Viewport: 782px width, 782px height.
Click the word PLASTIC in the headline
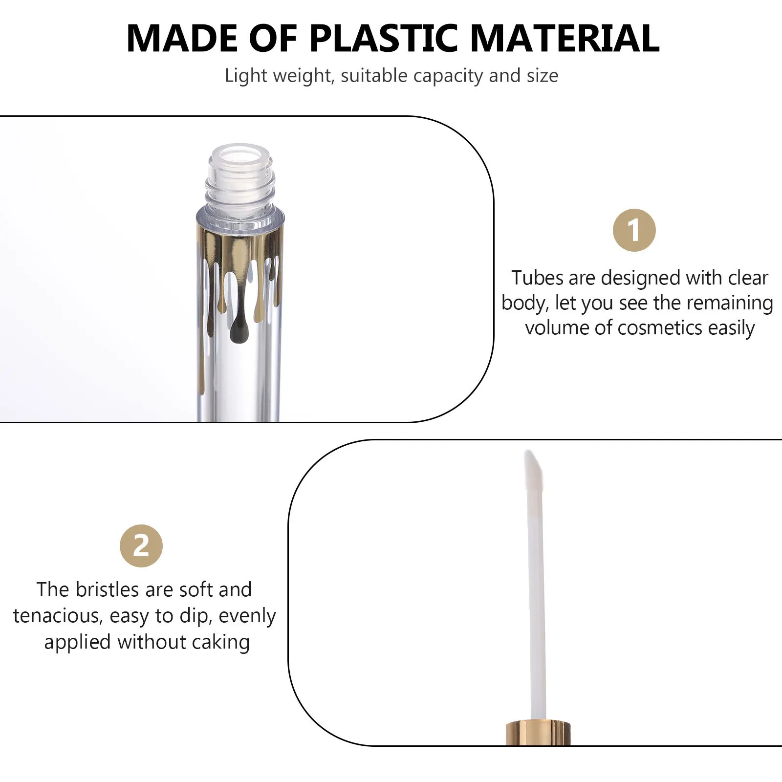click(x=384, y=38)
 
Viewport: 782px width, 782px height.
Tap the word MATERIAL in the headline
click(x=565, y=38)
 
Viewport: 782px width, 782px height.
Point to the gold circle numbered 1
click(x=634, y=230)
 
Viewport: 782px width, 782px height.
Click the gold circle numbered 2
click(x=141, y=546)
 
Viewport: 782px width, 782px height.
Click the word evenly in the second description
click(x=247, y=616)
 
